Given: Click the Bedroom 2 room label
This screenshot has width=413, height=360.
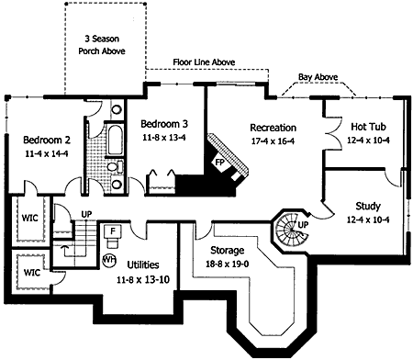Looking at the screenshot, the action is [x=47, y=140].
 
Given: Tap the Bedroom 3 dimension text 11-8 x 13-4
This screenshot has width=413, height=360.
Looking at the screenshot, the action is [x=164, y=138].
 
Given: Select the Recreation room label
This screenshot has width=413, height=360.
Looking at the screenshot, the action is [x=273, y=128].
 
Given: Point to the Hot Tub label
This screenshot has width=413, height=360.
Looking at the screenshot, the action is [x=368, y=127].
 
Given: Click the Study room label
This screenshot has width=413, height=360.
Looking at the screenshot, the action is [x=368, y=206].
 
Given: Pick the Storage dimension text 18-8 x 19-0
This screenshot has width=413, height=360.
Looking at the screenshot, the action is [x=227, y=264].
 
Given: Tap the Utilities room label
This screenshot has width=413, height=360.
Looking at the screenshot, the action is [x=143, y=264].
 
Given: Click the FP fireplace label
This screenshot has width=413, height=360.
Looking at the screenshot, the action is [x=219, y=162].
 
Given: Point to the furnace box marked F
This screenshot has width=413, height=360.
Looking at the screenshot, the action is [x=112, y=231].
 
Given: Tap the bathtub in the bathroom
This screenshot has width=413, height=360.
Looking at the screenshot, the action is [x=115, y=140].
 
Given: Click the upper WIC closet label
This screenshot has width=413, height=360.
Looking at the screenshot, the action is [x=30, y=218].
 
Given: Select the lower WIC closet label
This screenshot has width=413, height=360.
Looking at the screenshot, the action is [x=32, y=272].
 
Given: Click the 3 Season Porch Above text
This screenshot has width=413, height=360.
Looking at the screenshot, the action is [x=102, y=45].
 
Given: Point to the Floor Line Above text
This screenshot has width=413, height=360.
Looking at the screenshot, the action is [x=204, y=62].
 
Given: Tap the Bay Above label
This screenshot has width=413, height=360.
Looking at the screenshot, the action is [x=318, y=77].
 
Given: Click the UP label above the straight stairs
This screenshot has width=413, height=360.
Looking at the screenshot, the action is [x=86, y=214].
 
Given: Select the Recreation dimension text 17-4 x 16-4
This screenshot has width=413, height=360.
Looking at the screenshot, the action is [x=273, y=141].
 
